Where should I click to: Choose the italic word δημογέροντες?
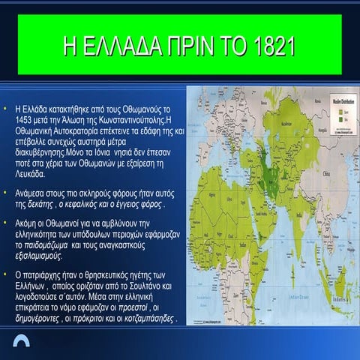[x=43, y=318]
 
